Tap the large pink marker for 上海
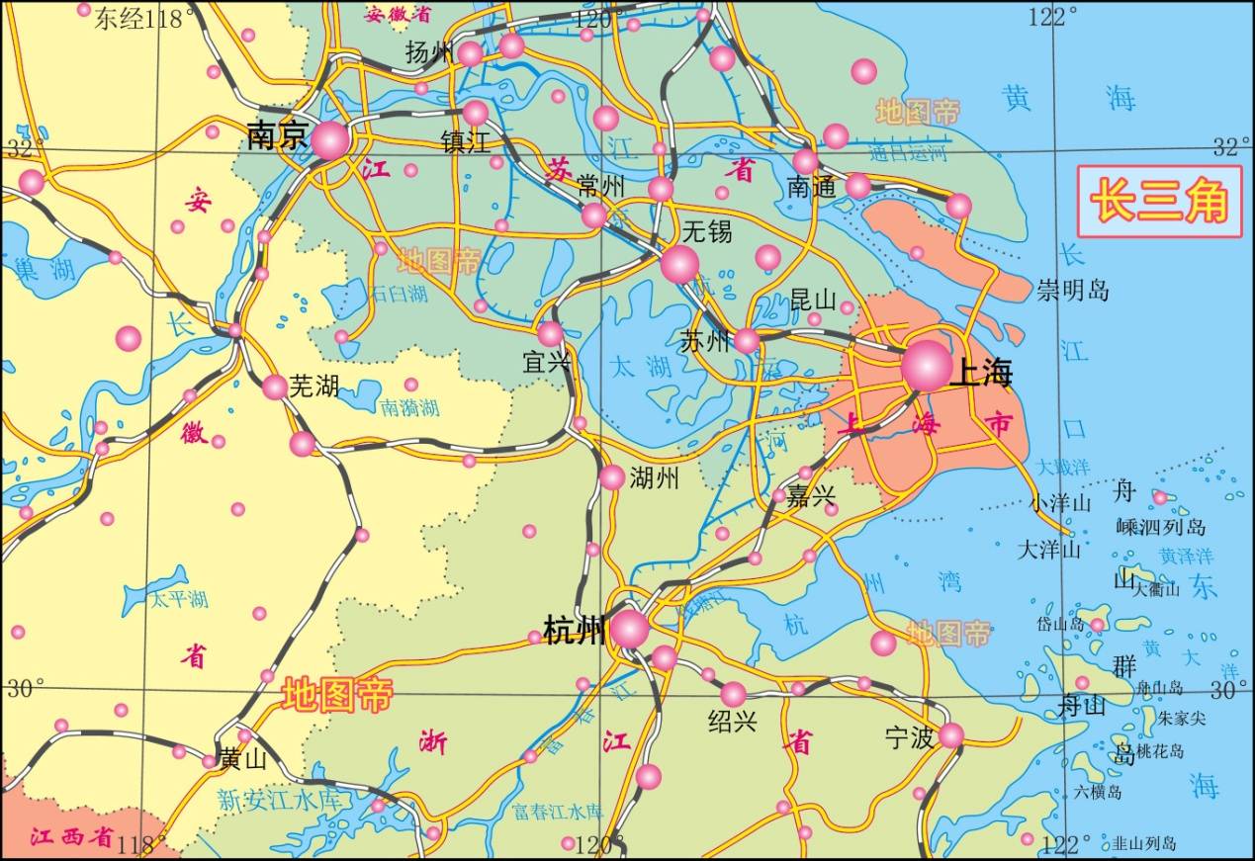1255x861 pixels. pos(927,365)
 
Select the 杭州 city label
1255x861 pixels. pos(575,630)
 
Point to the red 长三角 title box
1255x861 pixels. pos(1159,202)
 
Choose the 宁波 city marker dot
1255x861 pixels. pos(950,734)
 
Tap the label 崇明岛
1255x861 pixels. pos(1073,291)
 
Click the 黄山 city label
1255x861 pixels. pos(243,758)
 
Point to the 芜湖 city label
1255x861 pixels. pos(314,386)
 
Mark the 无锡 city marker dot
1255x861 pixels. pos(680,263)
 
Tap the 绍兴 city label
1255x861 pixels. pos(733,722)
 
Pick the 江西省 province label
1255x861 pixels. pos(71,836)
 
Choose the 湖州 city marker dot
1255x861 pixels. pos(612,477)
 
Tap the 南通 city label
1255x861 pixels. pos(812,186)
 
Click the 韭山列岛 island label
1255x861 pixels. pos(1144,843)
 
